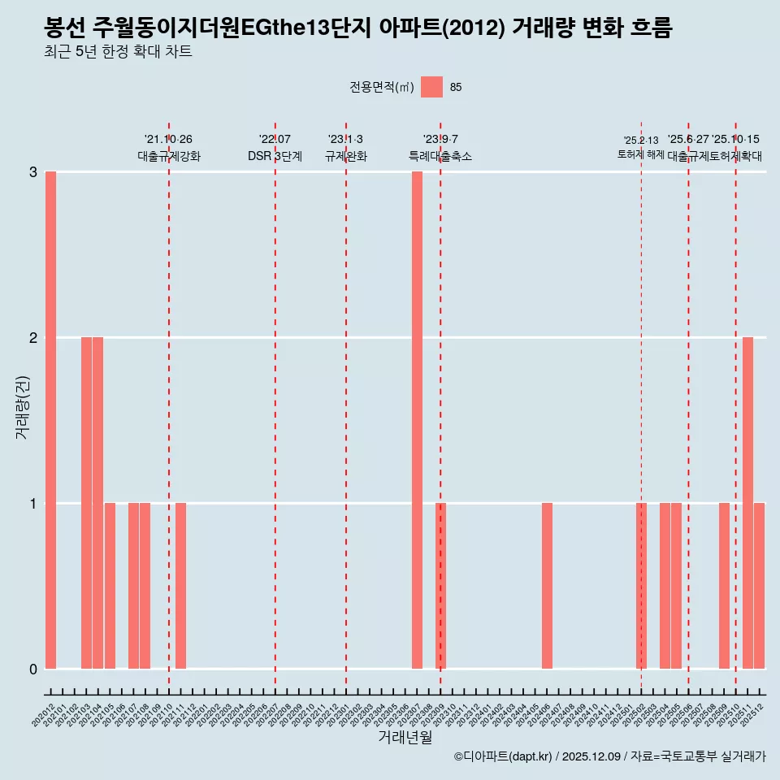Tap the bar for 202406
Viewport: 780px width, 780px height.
click(547, 586)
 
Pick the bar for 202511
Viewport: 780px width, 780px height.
click(747, 503)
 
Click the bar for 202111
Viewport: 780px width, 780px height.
click(180, 586)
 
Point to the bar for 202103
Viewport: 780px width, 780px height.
click(86, 503)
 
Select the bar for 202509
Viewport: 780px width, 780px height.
click(724, 586)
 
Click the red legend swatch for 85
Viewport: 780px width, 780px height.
click(431, 88)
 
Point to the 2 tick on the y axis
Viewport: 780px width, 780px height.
click(33, 338)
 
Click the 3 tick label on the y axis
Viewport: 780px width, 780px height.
click(33, 172)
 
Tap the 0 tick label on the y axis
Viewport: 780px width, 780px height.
click(33, 669)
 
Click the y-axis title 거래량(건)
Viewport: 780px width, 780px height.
click(22, 407)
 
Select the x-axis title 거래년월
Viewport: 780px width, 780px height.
click(405, 737)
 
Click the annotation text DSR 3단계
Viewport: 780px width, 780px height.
click(275, 156)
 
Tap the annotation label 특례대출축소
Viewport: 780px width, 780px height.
click(440, 156)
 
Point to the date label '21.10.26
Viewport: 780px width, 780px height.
click(168, 140)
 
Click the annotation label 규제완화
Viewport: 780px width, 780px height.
click(346, 156)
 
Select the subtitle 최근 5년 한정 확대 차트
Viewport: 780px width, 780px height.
click(119, 53)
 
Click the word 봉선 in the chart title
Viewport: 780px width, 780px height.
click(66, 28)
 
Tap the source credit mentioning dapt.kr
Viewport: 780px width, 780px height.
click(609, 757)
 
